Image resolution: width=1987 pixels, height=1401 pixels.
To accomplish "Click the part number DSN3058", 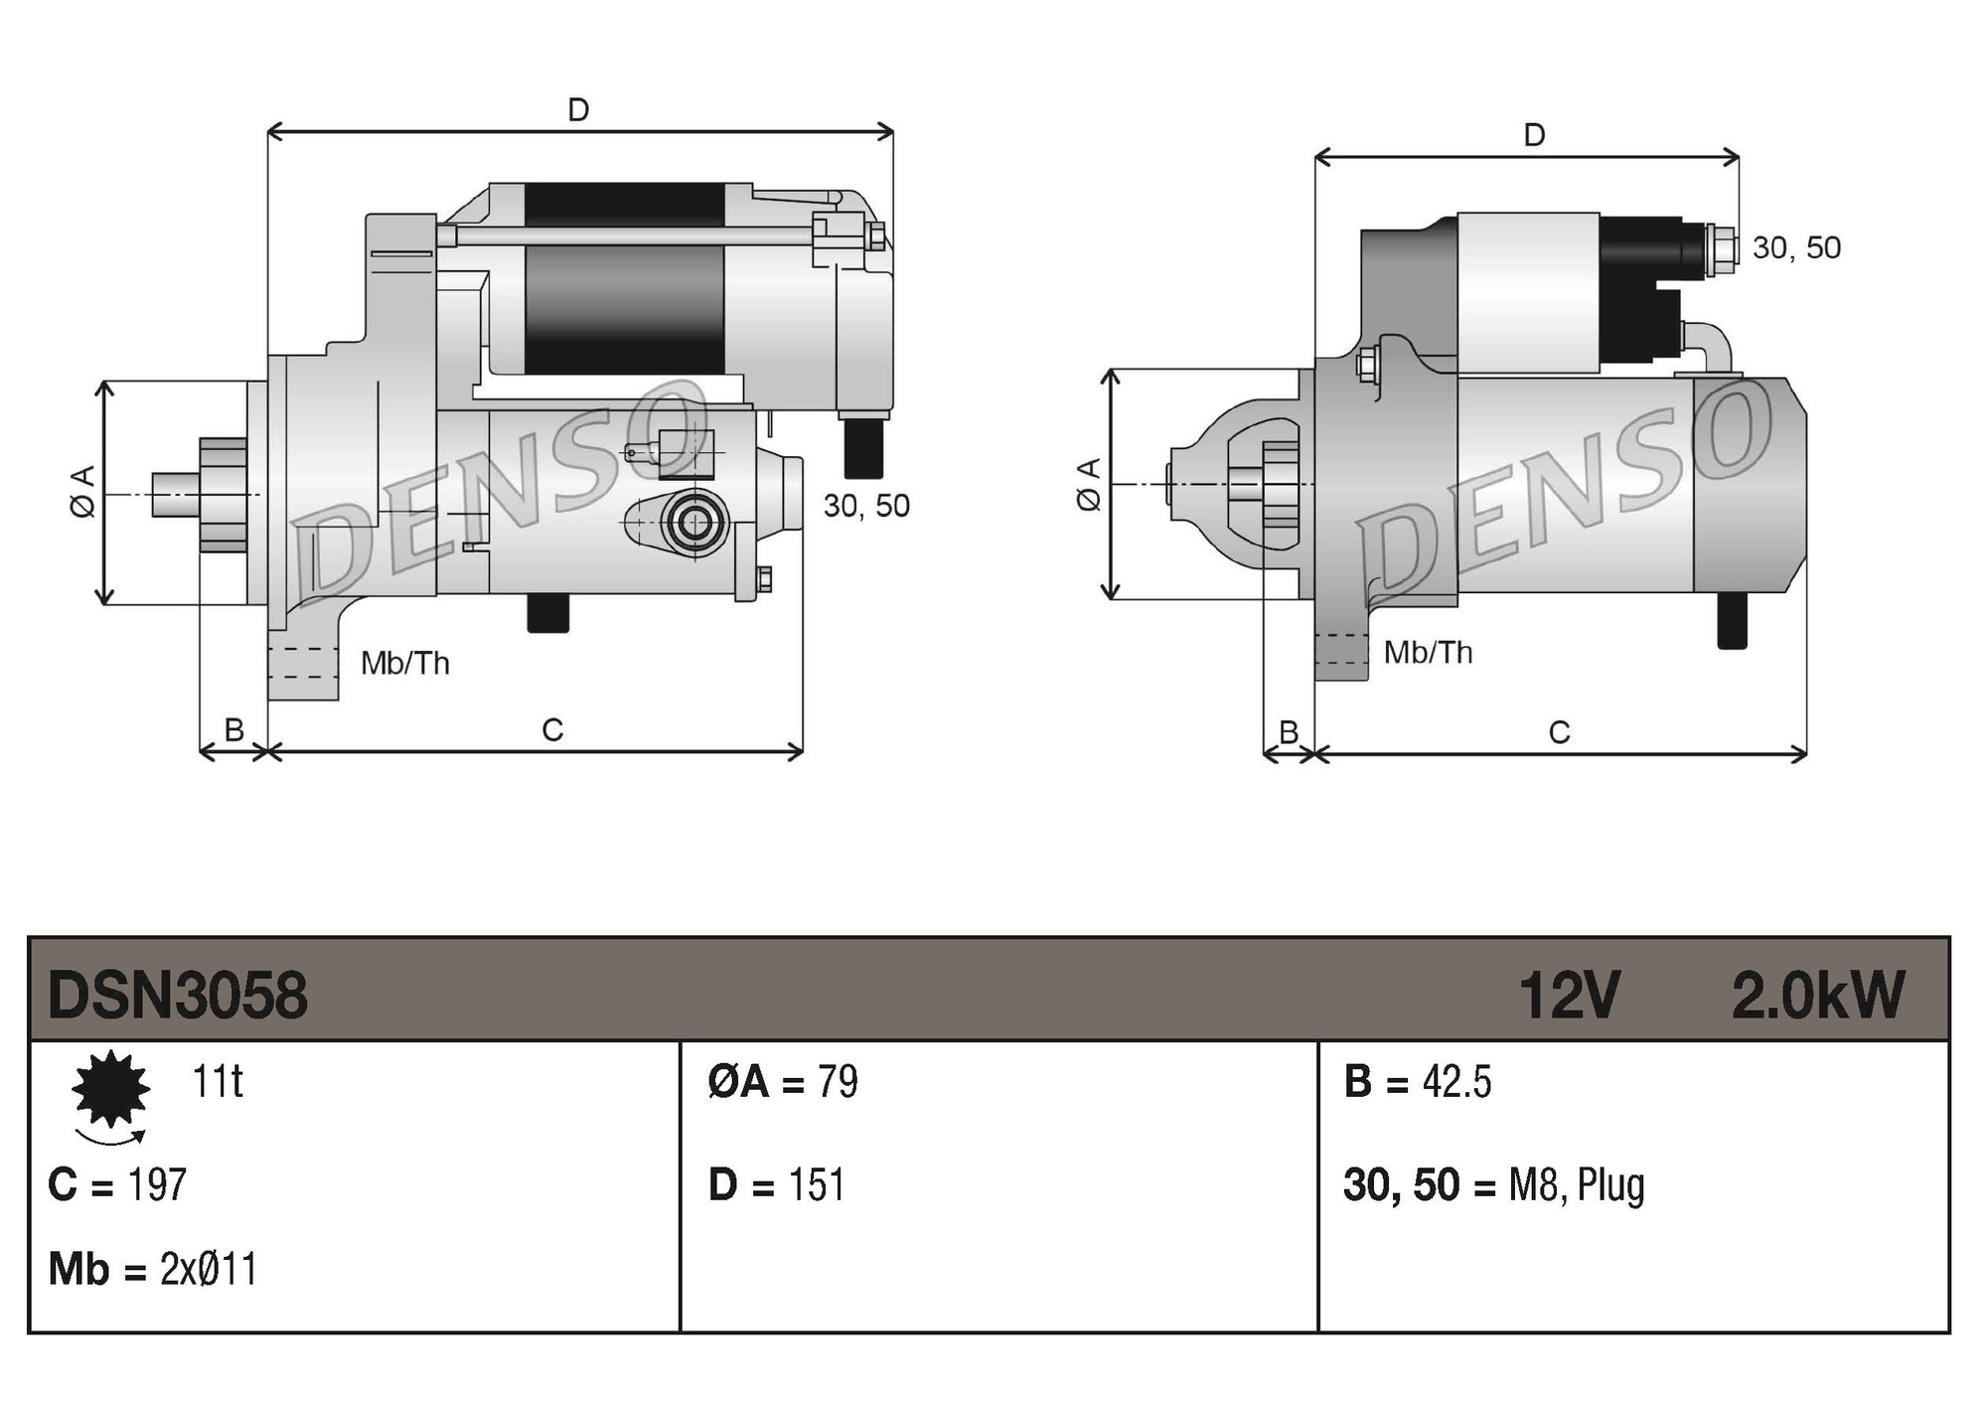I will click(x=178, y=995).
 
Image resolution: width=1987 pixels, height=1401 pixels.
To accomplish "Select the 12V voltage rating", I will click(x=1569, y=995).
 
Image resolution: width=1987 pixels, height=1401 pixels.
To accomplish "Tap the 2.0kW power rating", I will click(x=1817, y=995).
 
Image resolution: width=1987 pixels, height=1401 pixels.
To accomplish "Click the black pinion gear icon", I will click(x=110, y=1089).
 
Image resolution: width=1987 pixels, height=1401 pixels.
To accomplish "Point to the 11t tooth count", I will click(x=217, y=1081).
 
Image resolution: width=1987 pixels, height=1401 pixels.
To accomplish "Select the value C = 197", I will click(x=117, y=1184).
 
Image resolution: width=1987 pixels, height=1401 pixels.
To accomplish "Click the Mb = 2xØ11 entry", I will click(x=153, y=1269).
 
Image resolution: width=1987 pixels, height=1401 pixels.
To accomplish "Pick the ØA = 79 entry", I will click(x=783, y=1081).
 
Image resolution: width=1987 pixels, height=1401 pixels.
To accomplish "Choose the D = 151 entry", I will click(x=776, y=1184).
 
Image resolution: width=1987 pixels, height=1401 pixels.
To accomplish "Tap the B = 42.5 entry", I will click(x=1417, y=1081).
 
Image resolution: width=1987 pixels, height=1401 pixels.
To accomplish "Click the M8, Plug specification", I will click(x=1576, y=1185).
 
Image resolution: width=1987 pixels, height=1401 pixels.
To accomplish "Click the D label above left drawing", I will click(x=578, y=109).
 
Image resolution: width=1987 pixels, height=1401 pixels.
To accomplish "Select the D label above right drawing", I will click(x=1534, y=135).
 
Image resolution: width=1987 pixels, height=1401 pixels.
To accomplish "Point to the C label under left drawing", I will click(x=552, y=730).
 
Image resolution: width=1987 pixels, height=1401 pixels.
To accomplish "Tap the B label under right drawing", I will click(x=1289, y=732).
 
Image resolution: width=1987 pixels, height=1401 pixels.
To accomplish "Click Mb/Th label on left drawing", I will click(x=404, y=663).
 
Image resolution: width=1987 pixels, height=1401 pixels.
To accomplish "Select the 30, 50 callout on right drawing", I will click(x=1796, y=247).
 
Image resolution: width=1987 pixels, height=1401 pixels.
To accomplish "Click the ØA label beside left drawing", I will click(x=83, y=491).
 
